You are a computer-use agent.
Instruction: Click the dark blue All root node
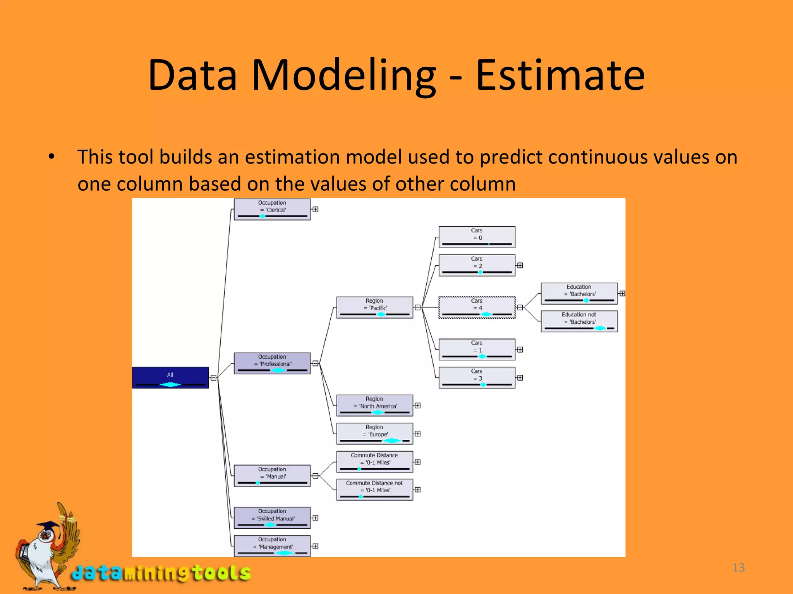tap(170, 377)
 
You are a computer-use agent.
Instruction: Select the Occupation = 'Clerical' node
tap(272, 209)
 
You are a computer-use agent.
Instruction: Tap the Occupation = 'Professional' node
tap(272, 363)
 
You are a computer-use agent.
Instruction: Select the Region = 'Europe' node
tap(374, 434)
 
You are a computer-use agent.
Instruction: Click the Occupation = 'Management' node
tap(272, 546)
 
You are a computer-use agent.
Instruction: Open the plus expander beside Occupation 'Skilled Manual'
tap(316, 518)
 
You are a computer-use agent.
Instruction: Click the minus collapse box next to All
tap(213, 377)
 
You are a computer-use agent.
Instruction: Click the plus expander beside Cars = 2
tap(520, 265)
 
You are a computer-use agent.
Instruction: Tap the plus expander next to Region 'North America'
tap(418, 405)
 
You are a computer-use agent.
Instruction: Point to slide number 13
tap(738, 567)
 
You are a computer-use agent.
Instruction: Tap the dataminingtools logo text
tap(161, 573)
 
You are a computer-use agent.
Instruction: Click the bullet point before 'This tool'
tap(51, 157)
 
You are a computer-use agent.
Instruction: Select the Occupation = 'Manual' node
tap(272, 476)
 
